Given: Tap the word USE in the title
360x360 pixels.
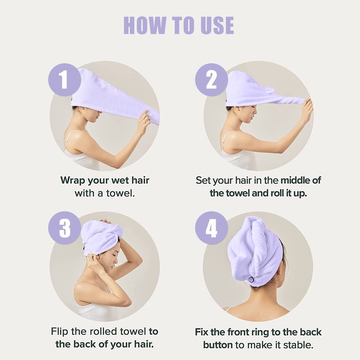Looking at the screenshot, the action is [217, 25].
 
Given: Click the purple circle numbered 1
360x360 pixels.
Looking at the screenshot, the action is [64, 80].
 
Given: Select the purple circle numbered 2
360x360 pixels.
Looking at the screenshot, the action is [211, 80].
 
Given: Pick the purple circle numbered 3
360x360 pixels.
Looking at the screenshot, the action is [64, 228].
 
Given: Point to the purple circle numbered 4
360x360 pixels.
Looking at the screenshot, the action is [211, 228].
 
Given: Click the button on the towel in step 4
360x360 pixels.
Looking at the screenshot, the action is [251, 279].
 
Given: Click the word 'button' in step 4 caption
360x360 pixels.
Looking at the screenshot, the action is [218, 345].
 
